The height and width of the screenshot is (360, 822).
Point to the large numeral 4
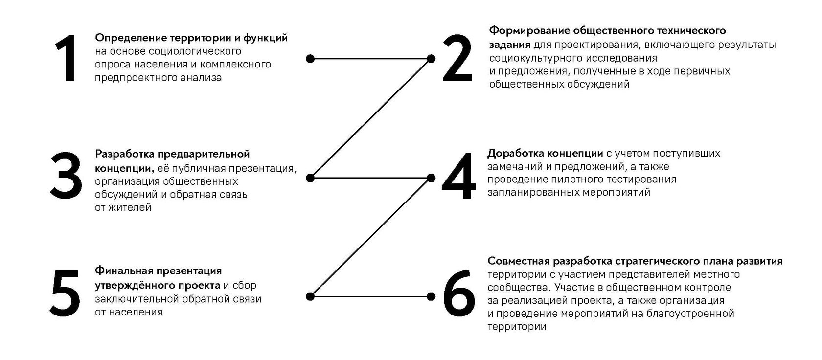458,177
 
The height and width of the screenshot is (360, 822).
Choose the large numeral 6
458,292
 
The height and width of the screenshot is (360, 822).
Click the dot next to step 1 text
310,59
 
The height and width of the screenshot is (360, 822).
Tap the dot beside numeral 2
431,59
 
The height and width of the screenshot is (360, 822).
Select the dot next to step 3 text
310,178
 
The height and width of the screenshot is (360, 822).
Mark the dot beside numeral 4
431,178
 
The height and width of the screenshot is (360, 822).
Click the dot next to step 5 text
310,296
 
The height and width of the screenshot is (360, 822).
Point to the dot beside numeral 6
431,296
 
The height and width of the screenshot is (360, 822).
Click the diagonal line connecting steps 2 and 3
370,118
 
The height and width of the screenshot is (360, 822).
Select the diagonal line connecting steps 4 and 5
370,237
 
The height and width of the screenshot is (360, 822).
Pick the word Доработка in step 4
513,153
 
